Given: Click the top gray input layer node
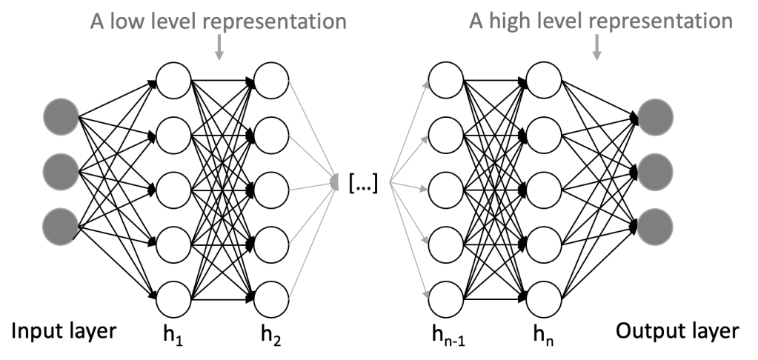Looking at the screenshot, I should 61,118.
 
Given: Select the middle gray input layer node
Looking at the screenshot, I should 61,170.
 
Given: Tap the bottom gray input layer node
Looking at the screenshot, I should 61,224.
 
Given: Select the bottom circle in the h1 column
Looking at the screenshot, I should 174,299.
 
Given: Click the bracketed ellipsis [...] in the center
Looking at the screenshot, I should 363,182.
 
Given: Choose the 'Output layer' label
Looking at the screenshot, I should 675,330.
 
